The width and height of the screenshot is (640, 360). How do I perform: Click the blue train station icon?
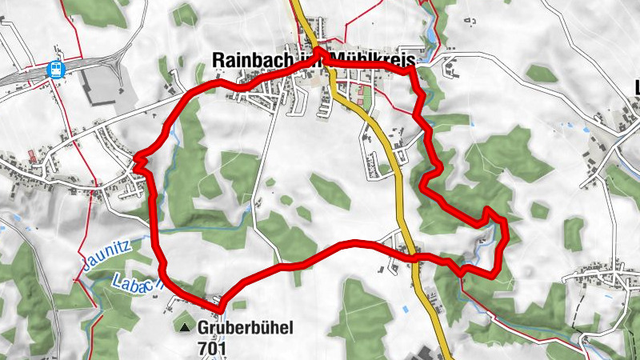(x=56, y=70)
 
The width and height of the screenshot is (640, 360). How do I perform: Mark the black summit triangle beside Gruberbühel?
(x=186, y=327)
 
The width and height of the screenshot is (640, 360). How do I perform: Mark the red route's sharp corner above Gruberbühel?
(x=218, y=305)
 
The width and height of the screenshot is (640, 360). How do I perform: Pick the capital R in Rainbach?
(x=218, y=60)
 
